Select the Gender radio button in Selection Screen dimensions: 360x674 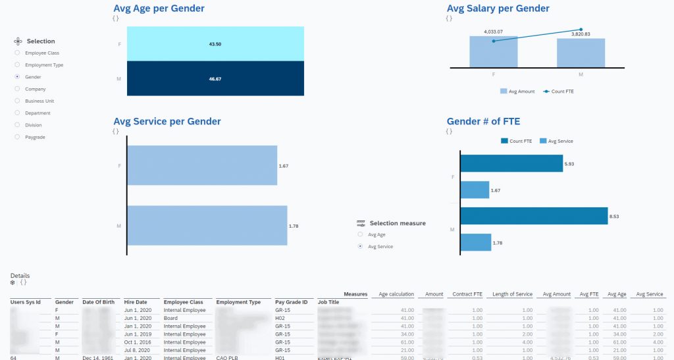point(17,77)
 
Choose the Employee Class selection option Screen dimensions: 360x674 point(17,53)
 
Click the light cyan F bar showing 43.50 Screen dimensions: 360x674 point(215,43)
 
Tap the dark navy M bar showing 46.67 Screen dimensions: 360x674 point(215,78)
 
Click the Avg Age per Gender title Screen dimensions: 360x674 point(159,9)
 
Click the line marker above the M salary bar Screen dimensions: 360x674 point(581,30)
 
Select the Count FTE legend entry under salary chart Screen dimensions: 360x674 point(559,91)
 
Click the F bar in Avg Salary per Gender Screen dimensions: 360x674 point(493,53)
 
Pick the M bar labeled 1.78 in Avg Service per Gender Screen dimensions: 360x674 point(207,226)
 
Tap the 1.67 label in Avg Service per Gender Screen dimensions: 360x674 point(284,166)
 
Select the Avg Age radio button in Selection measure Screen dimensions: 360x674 point(360,234)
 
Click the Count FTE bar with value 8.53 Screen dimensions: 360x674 point(533,216)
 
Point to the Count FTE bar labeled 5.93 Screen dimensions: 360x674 point(511,163)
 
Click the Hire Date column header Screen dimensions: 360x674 point(136,302)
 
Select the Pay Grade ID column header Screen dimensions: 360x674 point(292,302)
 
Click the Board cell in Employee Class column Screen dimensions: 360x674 point(170,318)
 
